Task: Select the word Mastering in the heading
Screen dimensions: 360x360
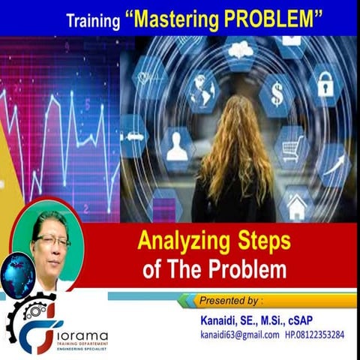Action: click(175, 19)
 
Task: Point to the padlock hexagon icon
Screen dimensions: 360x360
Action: click(325, 84)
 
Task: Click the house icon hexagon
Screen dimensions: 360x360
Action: click(298, 205)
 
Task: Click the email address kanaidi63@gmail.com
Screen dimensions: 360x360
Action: click(239, 334)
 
